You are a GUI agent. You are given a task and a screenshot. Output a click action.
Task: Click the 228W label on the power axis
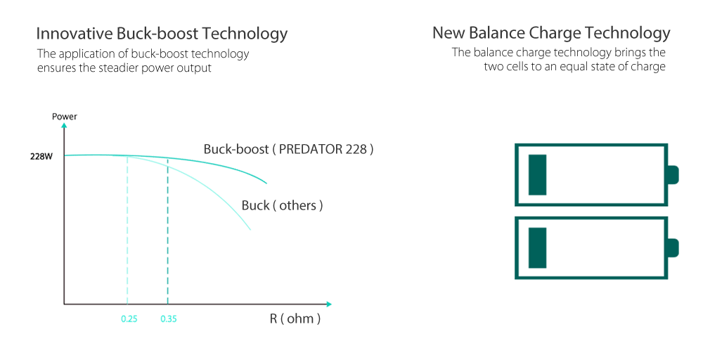tap(41, 156)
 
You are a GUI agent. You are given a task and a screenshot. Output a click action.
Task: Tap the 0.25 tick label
tap(129, 319)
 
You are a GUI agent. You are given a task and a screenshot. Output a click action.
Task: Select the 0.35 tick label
tap(168, 319)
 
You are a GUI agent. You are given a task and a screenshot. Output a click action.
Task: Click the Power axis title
tap(65, 116)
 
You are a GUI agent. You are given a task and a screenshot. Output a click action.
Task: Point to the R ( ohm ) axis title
tap(295, 319)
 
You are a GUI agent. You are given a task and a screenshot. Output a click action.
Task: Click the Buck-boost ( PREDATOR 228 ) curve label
tap(288, 149)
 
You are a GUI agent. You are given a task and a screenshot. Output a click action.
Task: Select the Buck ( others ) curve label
tap(282, 205)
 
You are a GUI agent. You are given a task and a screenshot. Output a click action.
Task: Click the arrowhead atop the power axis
tap(64, 126)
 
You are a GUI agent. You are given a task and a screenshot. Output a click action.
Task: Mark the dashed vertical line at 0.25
tap(127, 232)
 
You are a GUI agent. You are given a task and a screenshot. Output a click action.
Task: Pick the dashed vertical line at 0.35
tap(167, 232)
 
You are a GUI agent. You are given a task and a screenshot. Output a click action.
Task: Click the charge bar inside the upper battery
tap(538, 174)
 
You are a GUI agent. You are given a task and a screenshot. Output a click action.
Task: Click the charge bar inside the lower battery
tap(538, 247)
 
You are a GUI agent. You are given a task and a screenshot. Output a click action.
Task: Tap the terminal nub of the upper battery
tap(673, 175)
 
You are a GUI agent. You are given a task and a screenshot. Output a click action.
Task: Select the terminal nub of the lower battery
tap(673, 248)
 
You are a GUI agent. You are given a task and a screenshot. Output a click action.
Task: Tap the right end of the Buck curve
tap(250, 229)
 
